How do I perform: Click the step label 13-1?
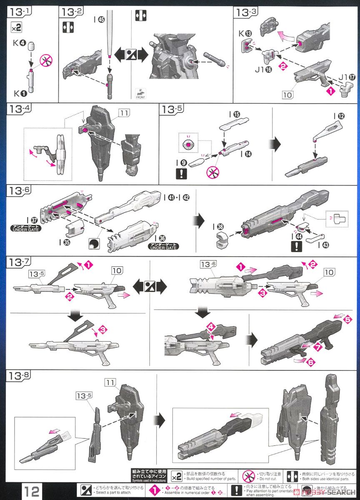[x=18, y=12]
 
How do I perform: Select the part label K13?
[x=246, y=34]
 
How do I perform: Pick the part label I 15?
[x=234, y=114]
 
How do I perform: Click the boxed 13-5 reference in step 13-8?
[x=83, y=395]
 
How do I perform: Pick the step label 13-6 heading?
[x=18, y=191]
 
